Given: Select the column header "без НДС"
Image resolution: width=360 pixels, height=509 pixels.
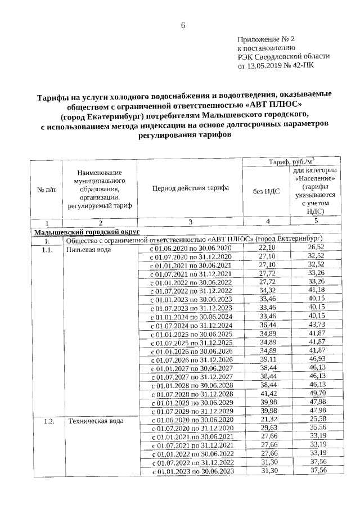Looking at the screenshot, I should (267, 191).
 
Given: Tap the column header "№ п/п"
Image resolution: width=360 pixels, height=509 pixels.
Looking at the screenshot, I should (46, 191).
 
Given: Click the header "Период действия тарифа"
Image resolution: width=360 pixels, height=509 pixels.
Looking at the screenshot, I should (190, 187).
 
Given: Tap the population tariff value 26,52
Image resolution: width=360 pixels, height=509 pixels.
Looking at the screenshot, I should (316, 248).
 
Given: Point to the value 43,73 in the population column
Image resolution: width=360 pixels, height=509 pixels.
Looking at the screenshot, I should (316, 325).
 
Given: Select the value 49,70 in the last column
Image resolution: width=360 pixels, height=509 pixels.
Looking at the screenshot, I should (316, 394).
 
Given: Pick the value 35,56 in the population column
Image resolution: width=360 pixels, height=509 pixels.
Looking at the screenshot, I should (316, 429).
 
